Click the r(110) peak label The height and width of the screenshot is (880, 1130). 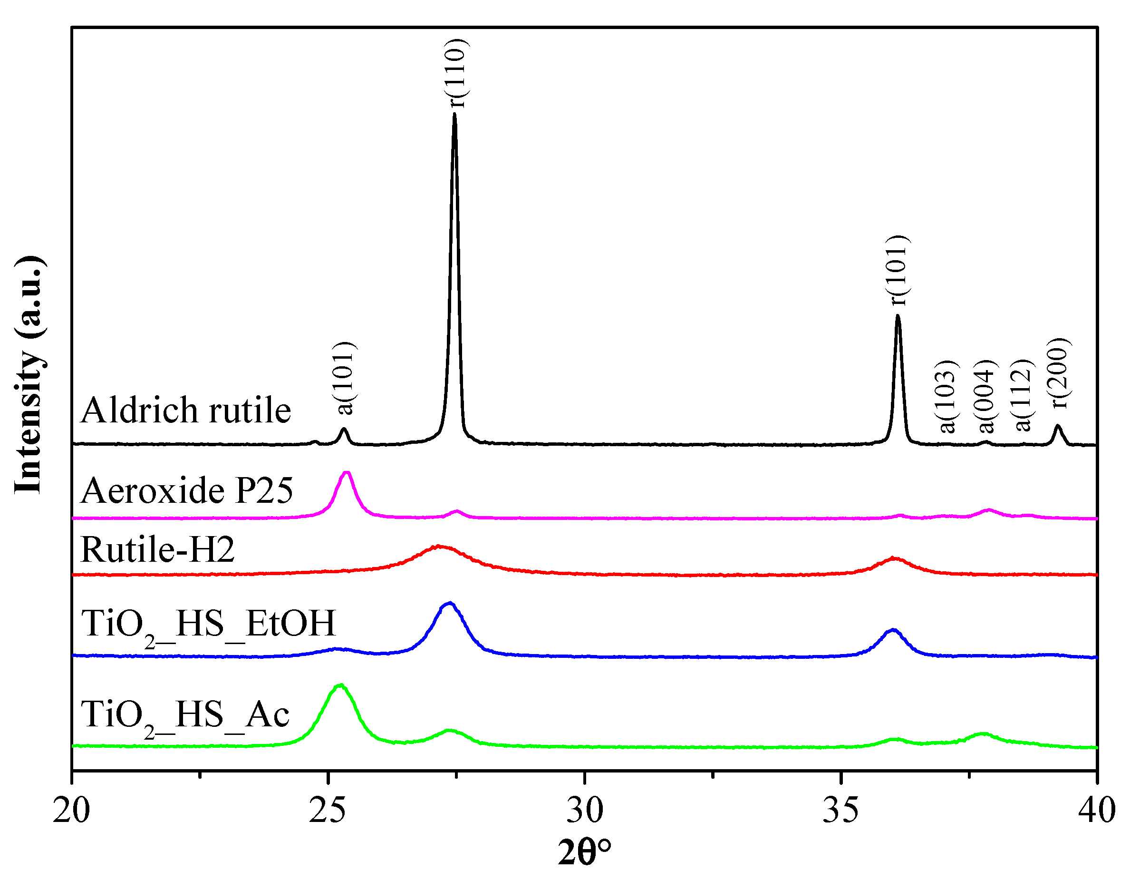pyautogui.click(x=458, y=74)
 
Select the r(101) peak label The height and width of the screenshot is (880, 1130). pyautogui.click(x=898, y=270)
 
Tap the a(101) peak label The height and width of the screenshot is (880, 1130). pyautogui.click(x=345, y=379)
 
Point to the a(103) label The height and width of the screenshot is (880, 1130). pyautogui.click(x=947, y=396)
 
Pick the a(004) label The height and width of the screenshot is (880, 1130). pyautogui.click(x=987, y=396)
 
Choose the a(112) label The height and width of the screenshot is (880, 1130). pyautogui.click(x=1024, y=396)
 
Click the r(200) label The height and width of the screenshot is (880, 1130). pyautogui.click(x=1060, y=373)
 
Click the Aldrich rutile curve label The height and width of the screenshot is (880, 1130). pyautogui.click(x=186, y=411)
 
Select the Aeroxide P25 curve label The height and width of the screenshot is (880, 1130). pyautogui.click(x=187, y=490)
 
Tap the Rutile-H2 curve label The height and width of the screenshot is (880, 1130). pyautogui.click(x=158, y=550)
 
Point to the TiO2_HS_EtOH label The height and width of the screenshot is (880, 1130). pyautogui.click(x=209, y=624)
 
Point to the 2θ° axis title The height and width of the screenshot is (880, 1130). pyautogui.click(x=584, y=853)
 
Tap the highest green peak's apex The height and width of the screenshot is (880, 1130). pyautogui.click(x=340, y=685)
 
